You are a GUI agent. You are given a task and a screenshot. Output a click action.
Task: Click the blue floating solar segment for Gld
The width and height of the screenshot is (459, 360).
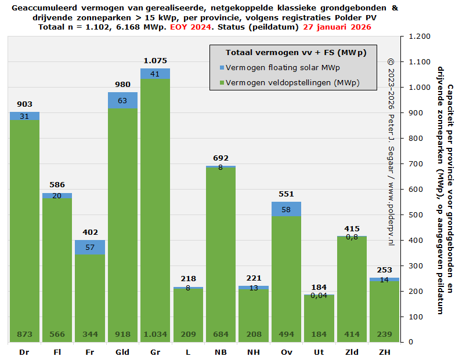click(x=122, y=100)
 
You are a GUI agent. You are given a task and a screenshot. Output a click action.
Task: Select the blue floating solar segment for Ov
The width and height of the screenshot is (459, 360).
click(x=287, y=209)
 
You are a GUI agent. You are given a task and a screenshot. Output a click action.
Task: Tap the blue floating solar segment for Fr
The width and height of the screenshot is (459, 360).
click(x=90, y=248)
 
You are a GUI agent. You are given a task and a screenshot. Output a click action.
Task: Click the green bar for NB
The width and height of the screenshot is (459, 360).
click(x=221, y=255)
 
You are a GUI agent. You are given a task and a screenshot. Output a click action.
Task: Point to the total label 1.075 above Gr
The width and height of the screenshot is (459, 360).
click(x=155, y=60)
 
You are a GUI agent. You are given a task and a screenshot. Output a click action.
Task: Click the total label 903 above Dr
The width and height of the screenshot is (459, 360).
click(x=24, y=104)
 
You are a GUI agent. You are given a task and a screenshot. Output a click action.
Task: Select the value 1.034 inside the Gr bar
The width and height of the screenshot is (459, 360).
click(x=155, y=334)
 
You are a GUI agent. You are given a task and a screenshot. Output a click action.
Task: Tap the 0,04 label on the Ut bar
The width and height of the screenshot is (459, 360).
click(x=319, y=295)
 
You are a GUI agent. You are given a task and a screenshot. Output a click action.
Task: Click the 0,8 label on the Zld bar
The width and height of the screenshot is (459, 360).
click(x=352, y=237)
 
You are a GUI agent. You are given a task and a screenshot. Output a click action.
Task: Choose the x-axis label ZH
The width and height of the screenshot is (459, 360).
click(x=384, y=352)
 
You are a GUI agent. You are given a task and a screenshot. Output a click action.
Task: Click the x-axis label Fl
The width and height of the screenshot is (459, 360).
click(x=57, y=352)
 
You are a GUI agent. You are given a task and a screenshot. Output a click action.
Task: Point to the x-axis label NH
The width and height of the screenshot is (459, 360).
click(x=254, y=352)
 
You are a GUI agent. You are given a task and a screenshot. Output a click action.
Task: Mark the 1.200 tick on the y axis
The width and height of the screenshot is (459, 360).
click(x=420, y=37)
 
